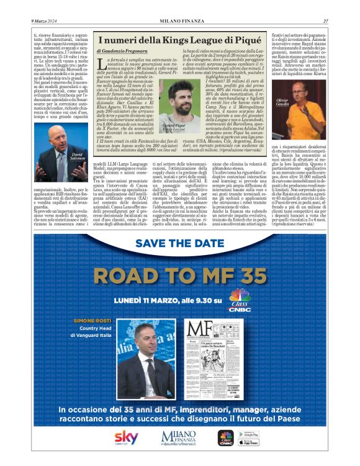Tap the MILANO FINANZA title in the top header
click(179, 22)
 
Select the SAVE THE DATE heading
click(180, 243)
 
